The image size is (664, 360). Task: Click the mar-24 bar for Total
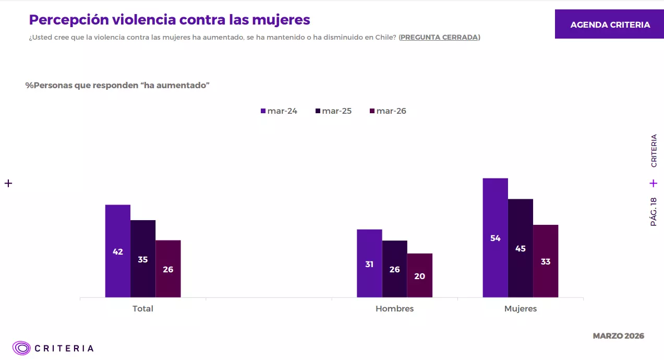coord(118,251)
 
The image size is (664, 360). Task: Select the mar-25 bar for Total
coord(143,259)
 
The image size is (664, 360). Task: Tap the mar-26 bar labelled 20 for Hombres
coord(420,275)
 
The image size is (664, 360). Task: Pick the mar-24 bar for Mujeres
coord(496,238)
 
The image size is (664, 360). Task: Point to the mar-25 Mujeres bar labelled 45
coord(521,248)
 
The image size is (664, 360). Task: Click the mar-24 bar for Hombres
coord(369,263)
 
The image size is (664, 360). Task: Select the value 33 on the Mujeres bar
coord(546,262)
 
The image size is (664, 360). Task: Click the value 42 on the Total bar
coord(118,251)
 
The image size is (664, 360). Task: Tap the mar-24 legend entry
coord(279,111)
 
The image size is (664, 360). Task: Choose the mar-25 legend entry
coord(333,111)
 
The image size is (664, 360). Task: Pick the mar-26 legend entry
coord(388,111)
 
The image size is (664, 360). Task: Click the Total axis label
coord(143,309)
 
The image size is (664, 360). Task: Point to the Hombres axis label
coord(394,309)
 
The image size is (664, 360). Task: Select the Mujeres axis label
coord(521,309)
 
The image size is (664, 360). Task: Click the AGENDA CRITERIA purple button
coord(609,25)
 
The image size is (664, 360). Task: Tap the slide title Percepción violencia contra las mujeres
coord(170,20)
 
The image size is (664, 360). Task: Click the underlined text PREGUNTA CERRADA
coord(439,38)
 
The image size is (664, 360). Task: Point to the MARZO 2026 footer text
coord(618,336)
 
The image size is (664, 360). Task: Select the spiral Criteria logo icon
coord(22,348)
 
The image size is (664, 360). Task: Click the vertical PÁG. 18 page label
coord(654,212)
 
